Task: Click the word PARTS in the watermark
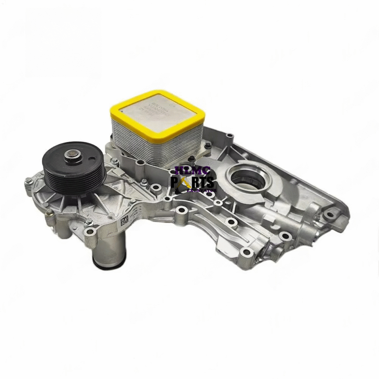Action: click(193, 182)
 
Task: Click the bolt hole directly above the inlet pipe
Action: click(90, 231)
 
